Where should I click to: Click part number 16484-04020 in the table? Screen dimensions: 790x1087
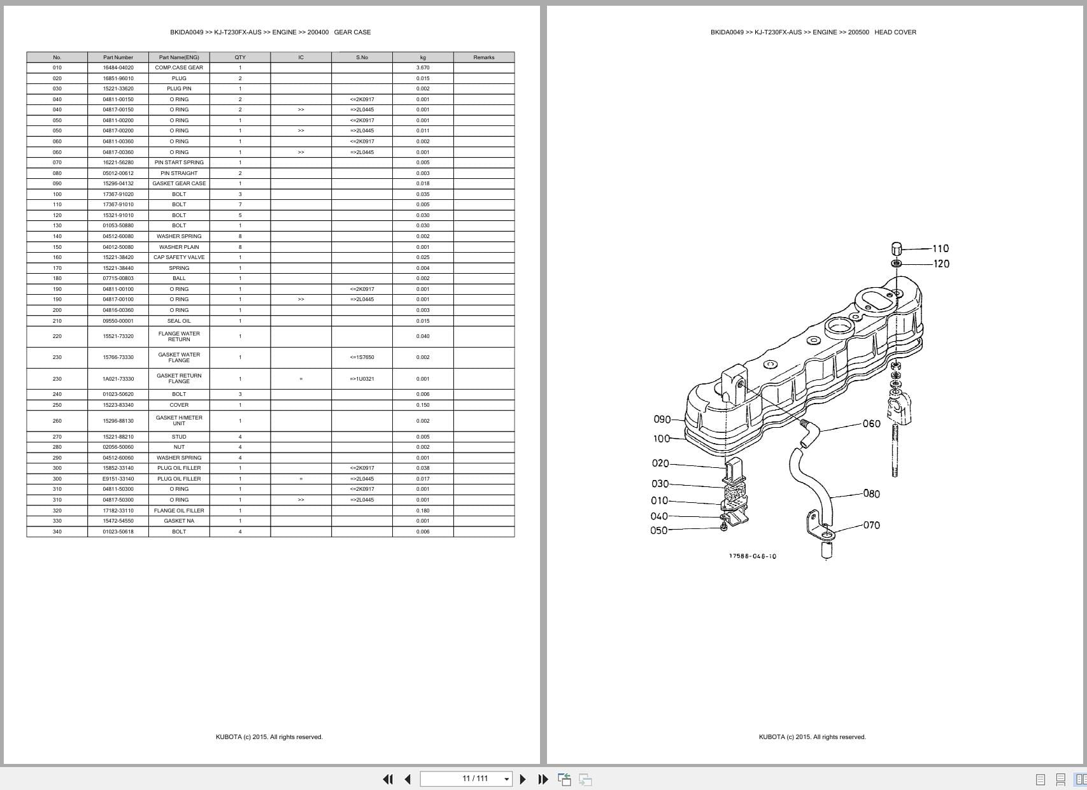tap(118, 67)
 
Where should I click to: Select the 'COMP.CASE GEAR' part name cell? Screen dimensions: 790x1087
tap(179, 67)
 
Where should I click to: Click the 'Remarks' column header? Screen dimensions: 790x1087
tap(483, 57)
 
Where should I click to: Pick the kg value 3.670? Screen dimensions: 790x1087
tap(423, 67)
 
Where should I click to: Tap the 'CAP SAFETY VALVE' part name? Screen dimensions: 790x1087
tap(179, 257)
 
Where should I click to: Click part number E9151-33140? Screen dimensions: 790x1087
tap(118, 479)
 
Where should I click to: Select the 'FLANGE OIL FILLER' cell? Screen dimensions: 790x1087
tap(179, 511)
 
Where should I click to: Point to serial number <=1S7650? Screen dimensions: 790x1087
tap(362, 357)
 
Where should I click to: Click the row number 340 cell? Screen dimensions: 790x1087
tap(57, 532)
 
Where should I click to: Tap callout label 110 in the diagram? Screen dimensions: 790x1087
tap(940, 249)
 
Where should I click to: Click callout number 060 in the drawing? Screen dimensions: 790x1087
tap(871, 424)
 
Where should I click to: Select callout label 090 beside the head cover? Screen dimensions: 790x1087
tap(662, 420)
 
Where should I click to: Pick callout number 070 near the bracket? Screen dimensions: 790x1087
tap(871, 525)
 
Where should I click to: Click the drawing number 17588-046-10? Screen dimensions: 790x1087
tap(752, 556)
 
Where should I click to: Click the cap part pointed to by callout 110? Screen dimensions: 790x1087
tap(896, 248)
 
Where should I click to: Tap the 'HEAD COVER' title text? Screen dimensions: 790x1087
tap(895, 32)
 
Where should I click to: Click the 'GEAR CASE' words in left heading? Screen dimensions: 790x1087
tap(352, 32)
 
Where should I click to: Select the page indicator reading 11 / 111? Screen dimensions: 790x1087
tap(475, 779)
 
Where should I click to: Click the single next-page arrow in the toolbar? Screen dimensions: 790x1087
tap(523, 779)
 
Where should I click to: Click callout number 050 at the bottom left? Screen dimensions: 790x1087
tap(658, 531)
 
